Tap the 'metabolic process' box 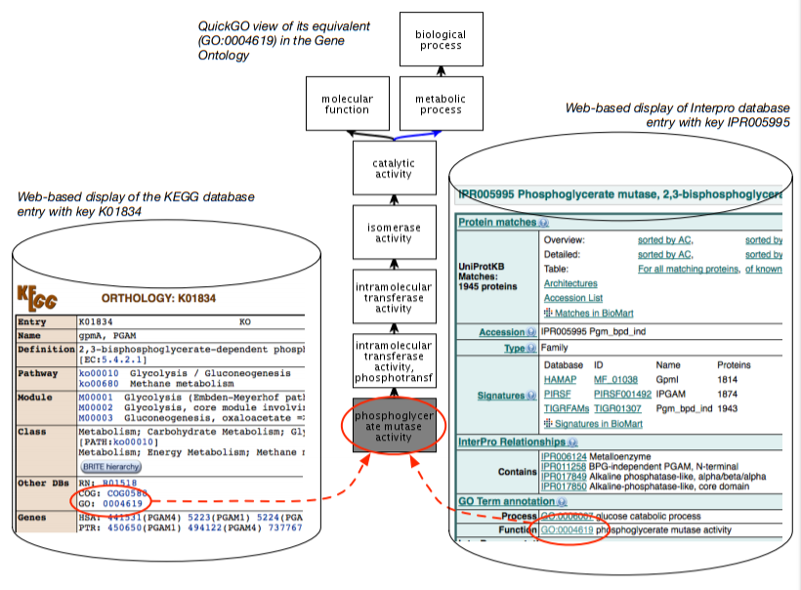point(440,104)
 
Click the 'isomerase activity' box point(394,232)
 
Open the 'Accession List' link point(572,298)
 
